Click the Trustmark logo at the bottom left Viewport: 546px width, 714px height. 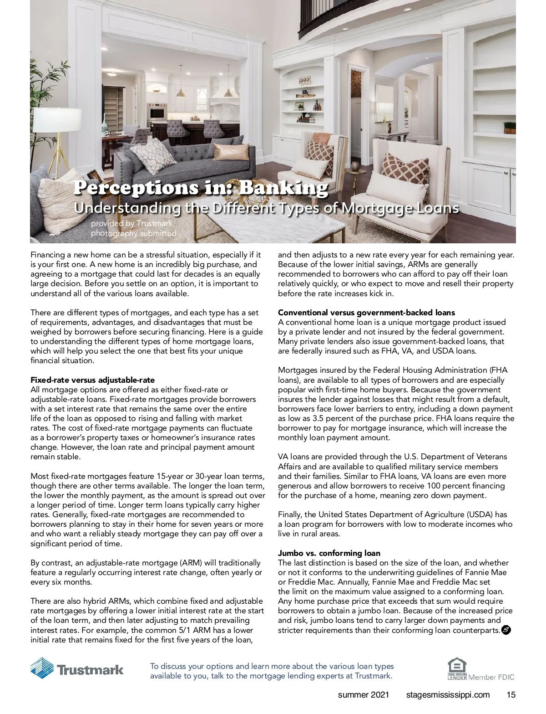click(77, 668)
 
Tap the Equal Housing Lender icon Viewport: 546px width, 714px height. click(457, 668)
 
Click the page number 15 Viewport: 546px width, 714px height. click(511, 695)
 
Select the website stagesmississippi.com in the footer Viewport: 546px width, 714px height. click(448, 695)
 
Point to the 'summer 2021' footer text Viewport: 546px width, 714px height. click(364, 695)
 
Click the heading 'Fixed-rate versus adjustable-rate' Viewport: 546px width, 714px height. click(92, 380)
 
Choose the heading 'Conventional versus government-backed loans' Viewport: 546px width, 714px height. click(366, 313)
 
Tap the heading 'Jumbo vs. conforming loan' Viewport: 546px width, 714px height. click(329, 553)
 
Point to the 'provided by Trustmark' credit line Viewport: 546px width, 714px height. click(131, 223)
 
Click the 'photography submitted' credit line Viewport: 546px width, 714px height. click(133, 233)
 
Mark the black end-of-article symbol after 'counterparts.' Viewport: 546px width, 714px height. click(506, 630)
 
